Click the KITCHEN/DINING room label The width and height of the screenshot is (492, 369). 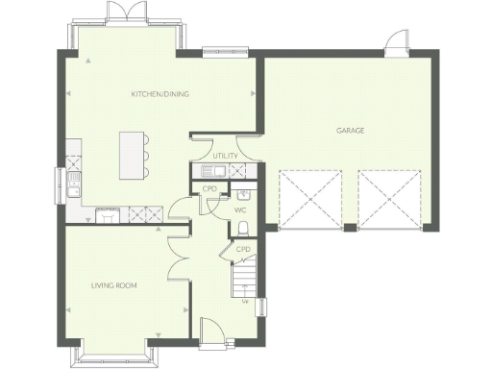pyautogui.click(x=160, y=94)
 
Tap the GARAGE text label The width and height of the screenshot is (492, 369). pyautogui.click(x=350, y=130)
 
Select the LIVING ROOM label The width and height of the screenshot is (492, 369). pyautogui.click(x=114, y=285)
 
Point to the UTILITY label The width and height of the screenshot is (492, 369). pyautogui.click(x=225, y=155)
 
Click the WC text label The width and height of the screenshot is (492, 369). pyautogui.click(x=240, y=209)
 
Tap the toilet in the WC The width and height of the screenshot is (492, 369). pyautogui.click(x=243, y=227)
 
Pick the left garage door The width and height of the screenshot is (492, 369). pyautogui.click(x=310, y=201)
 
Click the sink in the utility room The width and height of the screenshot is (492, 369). pyautogui.click(x=216, y=171)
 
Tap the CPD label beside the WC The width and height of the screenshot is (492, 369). pyautogui.click(x=208, y=188)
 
